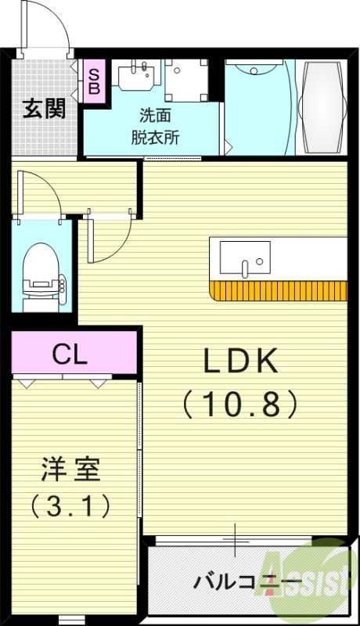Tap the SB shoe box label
click(93, 81)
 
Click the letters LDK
click(240, 361)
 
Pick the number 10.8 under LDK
click(240, 403)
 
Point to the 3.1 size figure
click(70, 506)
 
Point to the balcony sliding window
click(235, 540)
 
